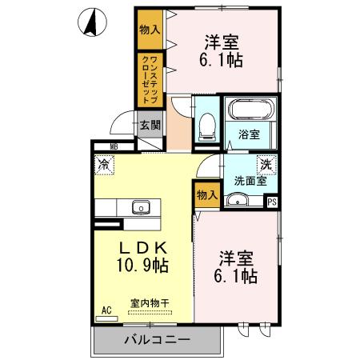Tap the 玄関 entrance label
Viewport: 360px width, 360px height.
[x=149, y=125]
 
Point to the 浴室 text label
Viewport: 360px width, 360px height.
[x=249, y=135]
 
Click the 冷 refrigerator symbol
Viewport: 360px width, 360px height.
[x=104, y=165]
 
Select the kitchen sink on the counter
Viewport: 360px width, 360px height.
[x=141, y=206]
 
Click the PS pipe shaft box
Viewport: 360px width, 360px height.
[x=273, y=202]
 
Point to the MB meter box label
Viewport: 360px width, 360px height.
[x=114, y=146]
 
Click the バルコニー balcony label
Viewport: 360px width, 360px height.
[x=157, y=340]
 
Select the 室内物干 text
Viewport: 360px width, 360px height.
[x=150, y=303]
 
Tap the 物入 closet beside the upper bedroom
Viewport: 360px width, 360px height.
[x=148, y=29]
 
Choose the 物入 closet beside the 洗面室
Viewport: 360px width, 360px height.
[x=206, y=194]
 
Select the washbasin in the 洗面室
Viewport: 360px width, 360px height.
[x=238, y=200]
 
